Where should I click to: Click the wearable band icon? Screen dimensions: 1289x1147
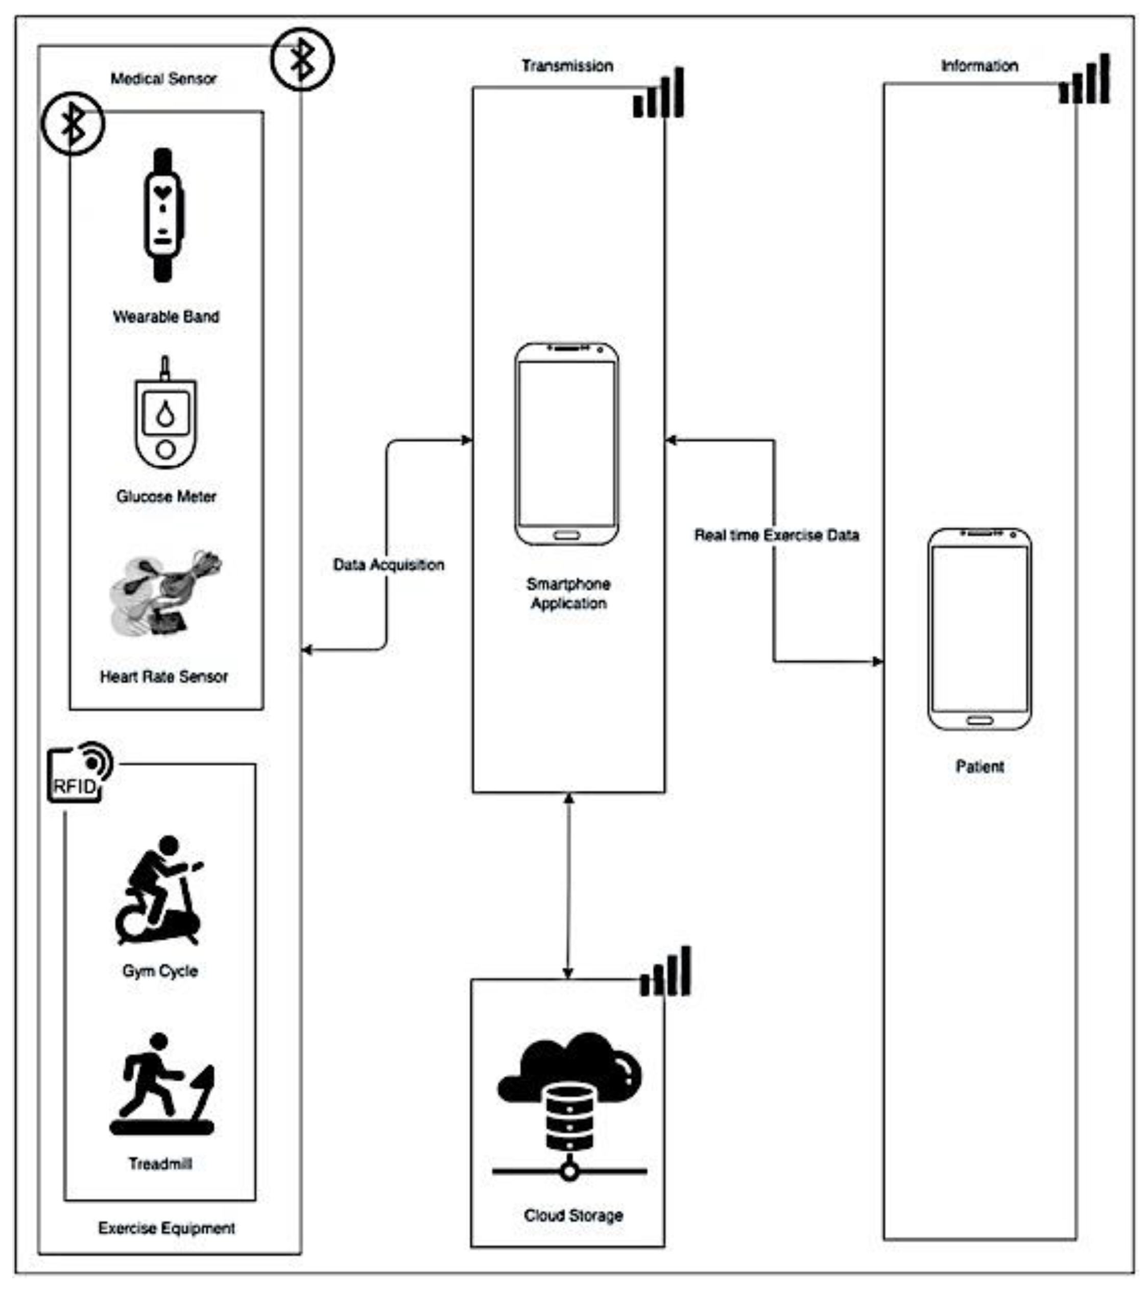coord(163,215)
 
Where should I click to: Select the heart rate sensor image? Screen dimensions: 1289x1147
coord(165,593)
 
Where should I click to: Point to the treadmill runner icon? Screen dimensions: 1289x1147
coord(162,1085)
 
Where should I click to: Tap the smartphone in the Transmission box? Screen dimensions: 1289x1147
coord(566,444)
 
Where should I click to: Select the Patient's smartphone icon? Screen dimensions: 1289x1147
coord(979,629)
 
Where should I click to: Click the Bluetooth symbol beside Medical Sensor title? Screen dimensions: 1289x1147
coord(302,59)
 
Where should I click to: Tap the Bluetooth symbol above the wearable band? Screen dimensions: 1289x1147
coord(73,124)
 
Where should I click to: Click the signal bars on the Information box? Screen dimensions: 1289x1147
coord(1084,80)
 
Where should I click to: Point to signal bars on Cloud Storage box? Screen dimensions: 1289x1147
coord(665,972)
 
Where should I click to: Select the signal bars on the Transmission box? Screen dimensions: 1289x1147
coord(658,94)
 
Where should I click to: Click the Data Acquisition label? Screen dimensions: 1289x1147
coord(389,564)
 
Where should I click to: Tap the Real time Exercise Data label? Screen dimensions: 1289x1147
coord(776,535)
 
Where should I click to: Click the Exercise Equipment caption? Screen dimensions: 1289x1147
coord(166,1228)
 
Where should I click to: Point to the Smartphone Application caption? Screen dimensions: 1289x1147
coord(568,593)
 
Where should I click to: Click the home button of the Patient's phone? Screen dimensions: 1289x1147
coord(979,720)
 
